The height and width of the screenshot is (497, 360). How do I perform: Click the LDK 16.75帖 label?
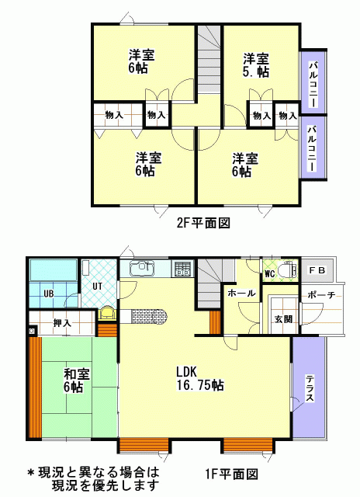(200, 378)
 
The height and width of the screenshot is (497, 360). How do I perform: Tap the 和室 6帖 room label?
(77, 381)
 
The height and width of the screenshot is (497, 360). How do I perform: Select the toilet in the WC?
(289, 270)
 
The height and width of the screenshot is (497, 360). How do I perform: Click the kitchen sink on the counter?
(142, 269)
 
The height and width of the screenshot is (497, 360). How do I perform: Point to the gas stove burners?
(183, 269)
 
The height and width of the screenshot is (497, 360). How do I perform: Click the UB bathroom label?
(48, 294)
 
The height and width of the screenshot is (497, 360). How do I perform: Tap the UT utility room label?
(97, 287)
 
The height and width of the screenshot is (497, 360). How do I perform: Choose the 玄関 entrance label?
(283, 319)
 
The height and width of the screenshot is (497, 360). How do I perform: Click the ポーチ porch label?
(321, 295)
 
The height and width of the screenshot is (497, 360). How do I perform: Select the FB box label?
(317, 270)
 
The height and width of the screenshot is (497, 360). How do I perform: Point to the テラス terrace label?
(310, 388)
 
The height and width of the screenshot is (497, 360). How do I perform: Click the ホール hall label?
(241, 293)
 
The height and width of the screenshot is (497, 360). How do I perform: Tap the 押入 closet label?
(62, 323)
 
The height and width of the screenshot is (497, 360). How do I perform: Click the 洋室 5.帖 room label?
(256, 65)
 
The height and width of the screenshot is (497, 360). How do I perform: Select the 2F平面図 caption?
(203, 223)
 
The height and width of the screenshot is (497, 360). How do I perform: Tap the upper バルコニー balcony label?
(313, 85)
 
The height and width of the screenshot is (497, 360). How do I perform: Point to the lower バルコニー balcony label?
(313, 148)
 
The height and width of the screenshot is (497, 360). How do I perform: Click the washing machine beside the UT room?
(107, 314)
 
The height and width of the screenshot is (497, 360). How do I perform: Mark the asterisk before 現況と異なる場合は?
(31, 473)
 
